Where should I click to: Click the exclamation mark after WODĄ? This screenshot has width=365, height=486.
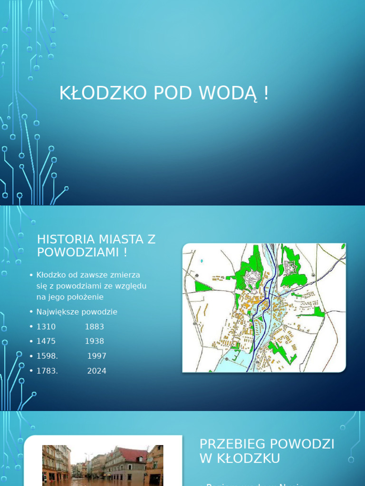266,93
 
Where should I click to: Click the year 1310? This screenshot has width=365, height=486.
46,327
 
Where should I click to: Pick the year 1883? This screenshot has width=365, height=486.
95,327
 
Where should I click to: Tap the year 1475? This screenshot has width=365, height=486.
46,341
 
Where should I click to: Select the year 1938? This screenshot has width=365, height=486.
95,341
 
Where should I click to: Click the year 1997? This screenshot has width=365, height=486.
97,356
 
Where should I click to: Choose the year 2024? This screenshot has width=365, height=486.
97,371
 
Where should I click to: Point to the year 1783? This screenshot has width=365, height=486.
47,371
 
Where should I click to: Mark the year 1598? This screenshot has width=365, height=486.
47,356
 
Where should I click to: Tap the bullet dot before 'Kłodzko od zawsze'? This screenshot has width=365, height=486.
31,275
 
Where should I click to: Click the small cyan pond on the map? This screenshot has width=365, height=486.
202,261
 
